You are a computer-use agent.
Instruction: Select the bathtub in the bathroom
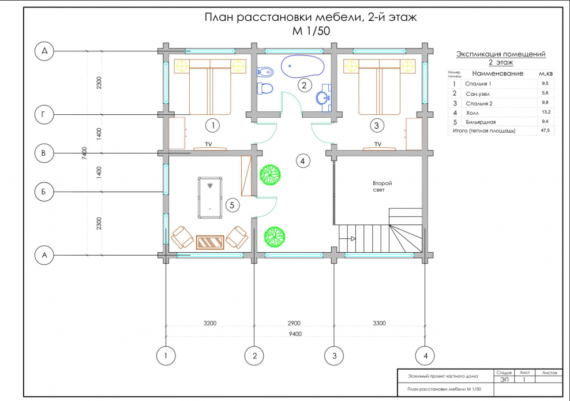coord(303,66)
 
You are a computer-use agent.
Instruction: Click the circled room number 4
coord(303,161)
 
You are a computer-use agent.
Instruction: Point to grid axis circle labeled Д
coord(44,51)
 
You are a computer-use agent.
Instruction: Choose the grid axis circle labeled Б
coord(44,192)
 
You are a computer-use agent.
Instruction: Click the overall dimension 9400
coord(295,333)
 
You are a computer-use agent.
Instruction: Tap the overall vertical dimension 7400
coord(85,153)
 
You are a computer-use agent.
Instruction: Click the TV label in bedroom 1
coord(209,144)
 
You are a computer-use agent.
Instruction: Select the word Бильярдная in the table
coord(481,122)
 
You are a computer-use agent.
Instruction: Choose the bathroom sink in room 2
coord(324,98)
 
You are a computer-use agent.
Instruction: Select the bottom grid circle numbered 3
coord(332,355)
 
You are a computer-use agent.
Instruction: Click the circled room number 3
coord(377,125)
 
